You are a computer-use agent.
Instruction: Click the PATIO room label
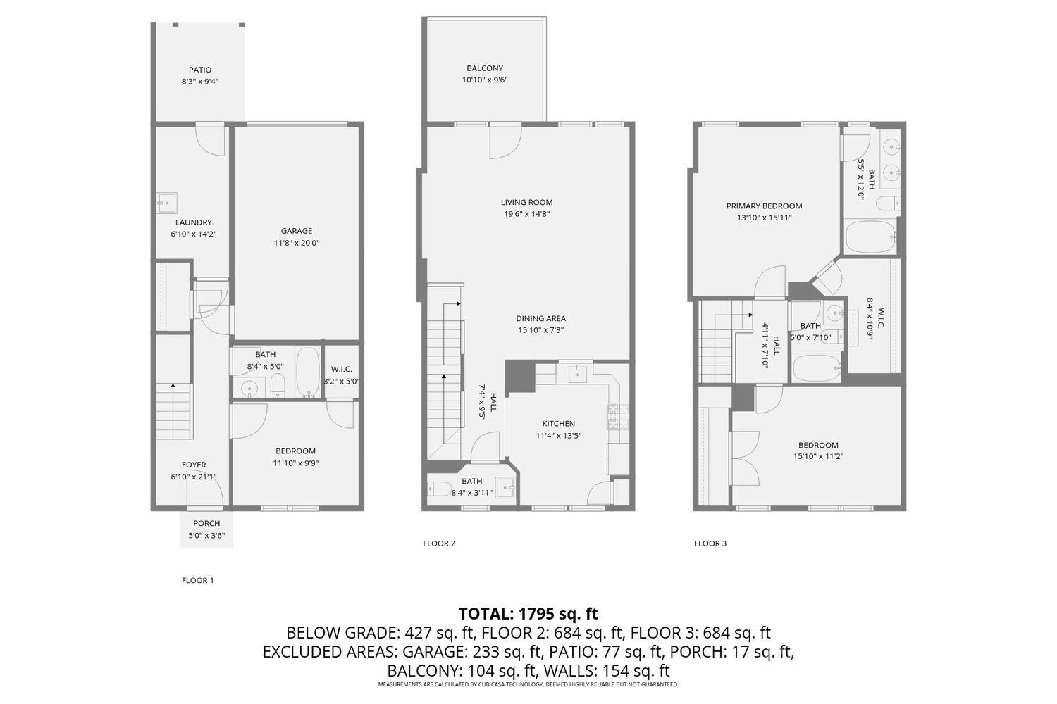[x=200, y=70]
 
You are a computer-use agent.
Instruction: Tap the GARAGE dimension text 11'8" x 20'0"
[x=297, y=243]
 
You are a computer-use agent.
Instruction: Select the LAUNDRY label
[x=194, y=222]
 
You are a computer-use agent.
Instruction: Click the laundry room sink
[x=166, y=203]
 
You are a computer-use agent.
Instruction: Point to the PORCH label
[x=206, y=523]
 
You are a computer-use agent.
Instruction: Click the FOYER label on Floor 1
[x=194, y=465]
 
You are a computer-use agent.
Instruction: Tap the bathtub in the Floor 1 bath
[x=308, y=372]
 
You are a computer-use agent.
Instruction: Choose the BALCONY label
[x=485, y=68]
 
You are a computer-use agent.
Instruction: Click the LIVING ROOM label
[x=526, y=202]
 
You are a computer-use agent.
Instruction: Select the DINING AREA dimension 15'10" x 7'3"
[x=540, y=330]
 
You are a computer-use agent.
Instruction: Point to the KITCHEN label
[x=558, y=423]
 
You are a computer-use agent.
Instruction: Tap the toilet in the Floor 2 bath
[x=439, y=489]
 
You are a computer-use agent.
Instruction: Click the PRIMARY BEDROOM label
[x=764, y=206]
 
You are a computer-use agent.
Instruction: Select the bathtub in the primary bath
[x=870, y=237]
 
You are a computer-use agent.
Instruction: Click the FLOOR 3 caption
[x=710, y=543]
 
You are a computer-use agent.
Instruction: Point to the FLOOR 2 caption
[x=439, y=543]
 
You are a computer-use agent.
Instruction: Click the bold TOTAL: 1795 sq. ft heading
[x=528, y=613]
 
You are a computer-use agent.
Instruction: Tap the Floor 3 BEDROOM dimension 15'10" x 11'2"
[x=818, y=456]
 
